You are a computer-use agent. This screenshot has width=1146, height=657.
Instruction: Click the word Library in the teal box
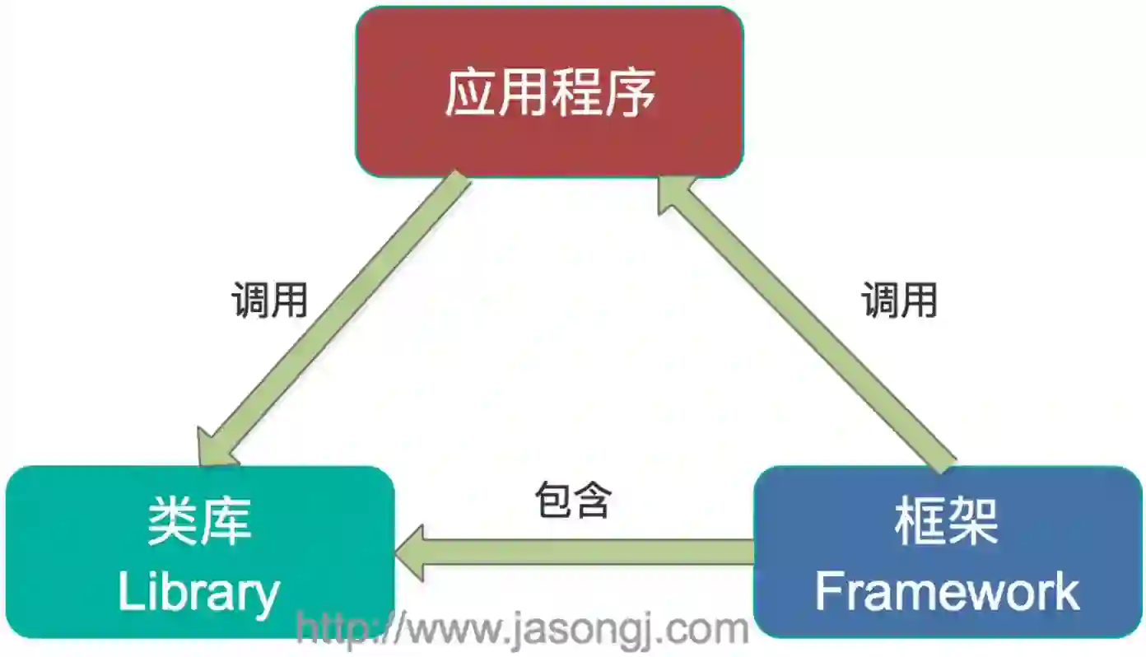199,592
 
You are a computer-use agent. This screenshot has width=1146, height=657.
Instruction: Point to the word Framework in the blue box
947,592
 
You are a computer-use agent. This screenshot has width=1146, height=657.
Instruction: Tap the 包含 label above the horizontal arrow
573,500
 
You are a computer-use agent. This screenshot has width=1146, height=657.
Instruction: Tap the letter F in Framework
828,592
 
